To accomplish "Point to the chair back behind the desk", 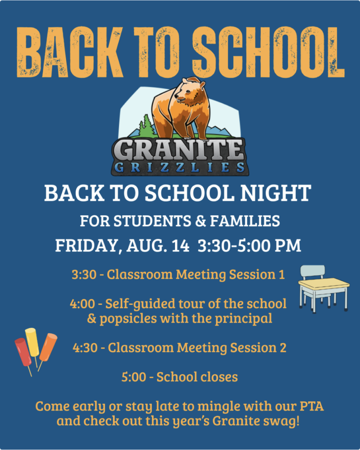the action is pyautogui.click(x=313, y=271).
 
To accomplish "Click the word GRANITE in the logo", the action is pyautogui.click(x=180, y=149).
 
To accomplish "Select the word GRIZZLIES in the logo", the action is pyautogui.click(x=179, y=167).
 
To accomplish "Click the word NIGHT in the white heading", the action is pyautogui.click(x=276, y=193).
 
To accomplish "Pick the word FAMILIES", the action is pyautogui.click(x=245, y=221).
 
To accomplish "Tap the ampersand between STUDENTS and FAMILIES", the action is pyautogui.click(x=200, y=221).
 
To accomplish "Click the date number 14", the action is pyautogui.click(x=180, y=246).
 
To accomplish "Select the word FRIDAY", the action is pyautogui.click(x=87, y=246).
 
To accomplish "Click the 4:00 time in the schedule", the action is pyautogui.click(x=83, y=304).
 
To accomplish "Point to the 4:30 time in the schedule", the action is pyautogui.click(x=85, y=348).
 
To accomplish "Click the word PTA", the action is pyautogui.click(x=312, y=406).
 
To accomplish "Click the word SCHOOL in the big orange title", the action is pyautogui.click(x=269, y=52).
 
